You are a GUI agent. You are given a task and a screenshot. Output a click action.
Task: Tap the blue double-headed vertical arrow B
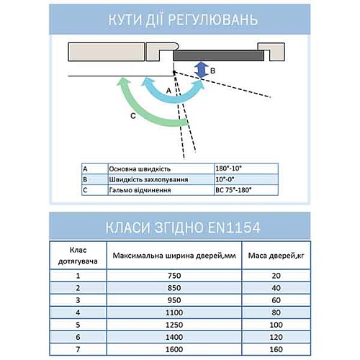[202, 70]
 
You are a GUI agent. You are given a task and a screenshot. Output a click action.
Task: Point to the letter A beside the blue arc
[168, 91]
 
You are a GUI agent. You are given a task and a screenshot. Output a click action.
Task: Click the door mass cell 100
[273, 325]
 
